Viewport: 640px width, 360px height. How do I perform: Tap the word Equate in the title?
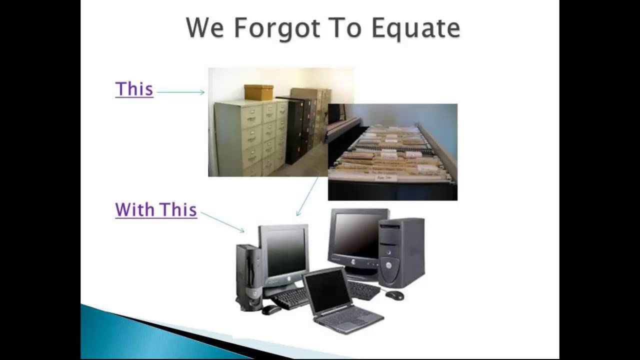(x=415, y=29)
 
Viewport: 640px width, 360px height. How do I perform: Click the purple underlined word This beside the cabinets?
(x=134, y=89)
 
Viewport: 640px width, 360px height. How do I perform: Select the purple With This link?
(x=156, y=210)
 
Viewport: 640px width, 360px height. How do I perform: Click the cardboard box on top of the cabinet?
(x=258, y=92)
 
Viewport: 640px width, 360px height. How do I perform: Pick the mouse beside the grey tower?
(x=394, y=295)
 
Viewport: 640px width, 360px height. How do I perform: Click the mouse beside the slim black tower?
(x=271, y=310)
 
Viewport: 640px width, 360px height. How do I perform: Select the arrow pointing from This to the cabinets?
(x=180, y=92)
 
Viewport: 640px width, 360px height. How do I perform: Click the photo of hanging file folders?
(x=392, y=152)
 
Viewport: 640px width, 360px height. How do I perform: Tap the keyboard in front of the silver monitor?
(x=290, y=298)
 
